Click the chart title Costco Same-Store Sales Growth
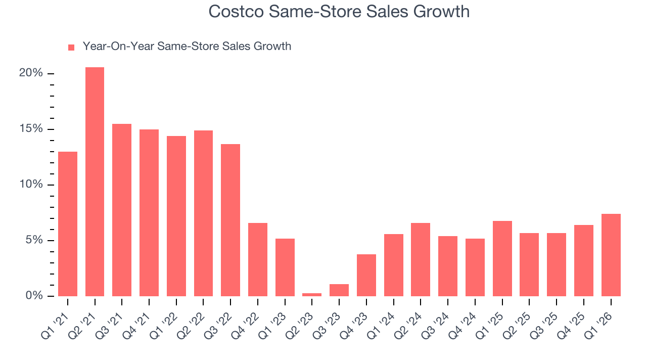(x=339, y=12)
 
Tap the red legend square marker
(x=71, y=47)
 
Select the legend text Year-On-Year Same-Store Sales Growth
(x=187, y=47)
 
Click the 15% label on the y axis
(x=31, y=129)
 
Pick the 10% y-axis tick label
(x=31, y=185)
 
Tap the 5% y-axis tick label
(x=34, y=240)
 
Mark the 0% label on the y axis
(x=34, y=296)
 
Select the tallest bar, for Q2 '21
(x=95, y=181)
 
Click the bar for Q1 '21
(x=68, y=223)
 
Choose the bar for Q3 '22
(x=230, y=220)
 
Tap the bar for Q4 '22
(x=258, y=259)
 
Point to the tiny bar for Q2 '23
(x=312, y=294)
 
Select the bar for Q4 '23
(x=366, y=275)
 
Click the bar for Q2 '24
(x=421, y=259)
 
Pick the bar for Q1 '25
(x=502, y=258)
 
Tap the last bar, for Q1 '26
(x=611, y=255)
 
